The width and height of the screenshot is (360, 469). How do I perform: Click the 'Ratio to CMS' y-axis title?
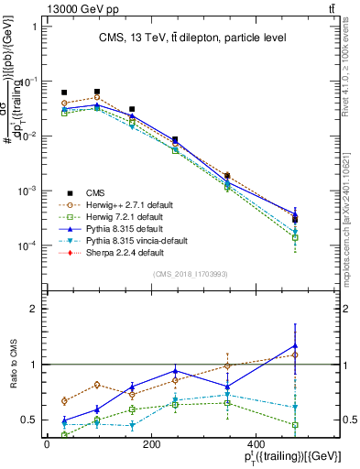[11, 365]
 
